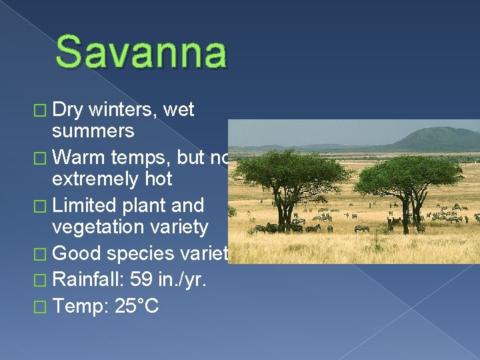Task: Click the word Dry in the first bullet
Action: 69,109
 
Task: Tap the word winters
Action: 127,109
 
